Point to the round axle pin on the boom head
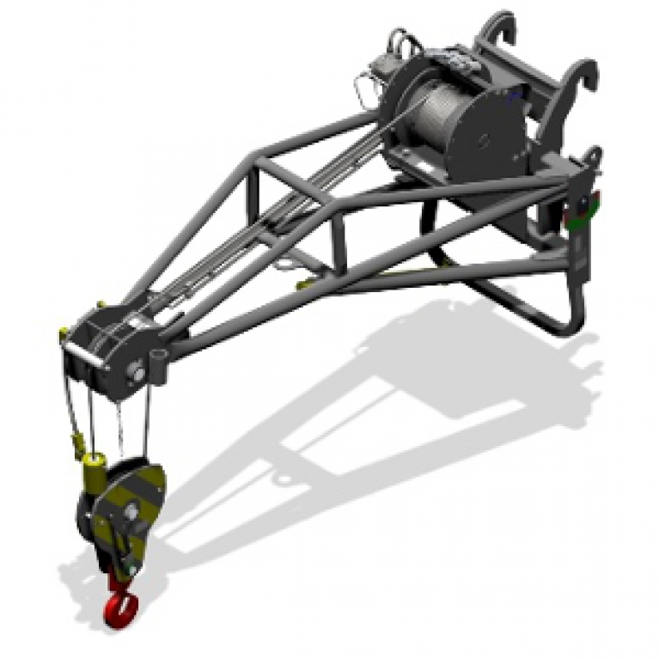(136, 371)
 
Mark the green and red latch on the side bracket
(588, 211)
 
